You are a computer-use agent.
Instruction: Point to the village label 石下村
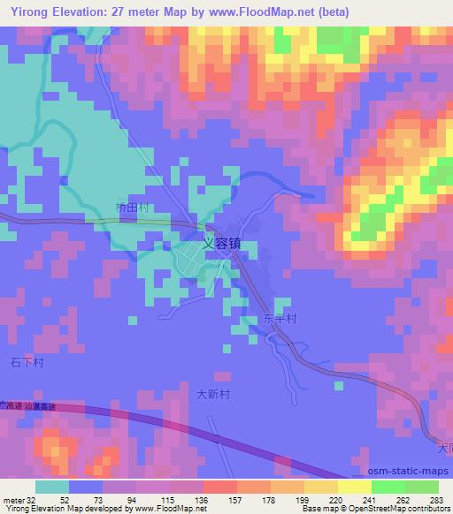point(27,362)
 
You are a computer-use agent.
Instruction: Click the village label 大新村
point(212,395)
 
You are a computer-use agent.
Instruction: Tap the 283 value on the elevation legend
point(437,499)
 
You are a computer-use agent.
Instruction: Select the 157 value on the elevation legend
point(235,499)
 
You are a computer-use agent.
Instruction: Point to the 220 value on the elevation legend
point(336,499)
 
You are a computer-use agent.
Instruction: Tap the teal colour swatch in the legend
point(52,487)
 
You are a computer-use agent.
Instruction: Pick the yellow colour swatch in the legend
point(355,487)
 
